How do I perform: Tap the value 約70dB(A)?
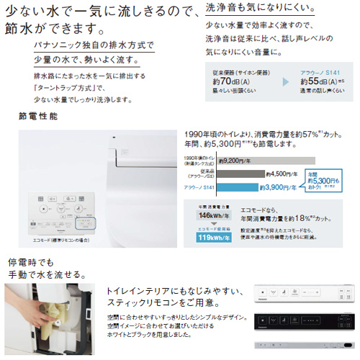(227, 81)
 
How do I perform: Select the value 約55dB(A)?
(308, 81)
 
